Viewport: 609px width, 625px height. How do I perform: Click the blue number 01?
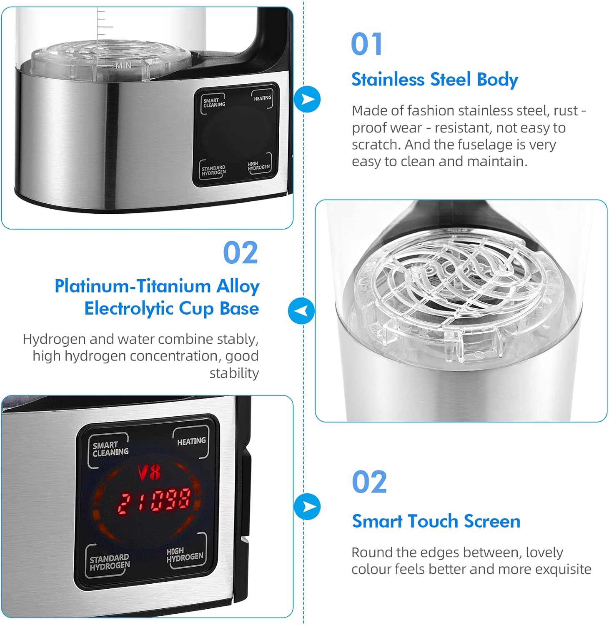click(366, 44)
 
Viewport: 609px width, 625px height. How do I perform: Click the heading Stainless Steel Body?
click(434, 80)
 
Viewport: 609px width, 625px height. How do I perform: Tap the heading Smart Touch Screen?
click(436, 521)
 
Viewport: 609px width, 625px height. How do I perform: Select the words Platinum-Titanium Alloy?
click(157, 286)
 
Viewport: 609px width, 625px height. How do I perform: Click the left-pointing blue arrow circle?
click(301, 311)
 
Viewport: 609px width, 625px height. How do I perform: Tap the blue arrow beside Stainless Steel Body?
click(307, 99)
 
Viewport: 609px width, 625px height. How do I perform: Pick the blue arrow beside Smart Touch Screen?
click(307, 507)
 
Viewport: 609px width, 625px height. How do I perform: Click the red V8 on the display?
click(149, 473)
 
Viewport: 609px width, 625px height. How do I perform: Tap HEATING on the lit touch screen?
click(191, 441)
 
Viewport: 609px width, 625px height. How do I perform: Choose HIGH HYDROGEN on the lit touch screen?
click(185, 555)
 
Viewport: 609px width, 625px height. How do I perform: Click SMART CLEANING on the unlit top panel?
click(214, 102)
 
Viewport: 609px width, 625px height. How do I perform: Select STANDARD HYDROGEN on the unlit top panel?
click(213, 170)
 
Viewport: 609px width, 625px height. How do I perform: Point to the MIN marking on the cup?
click(123, 65)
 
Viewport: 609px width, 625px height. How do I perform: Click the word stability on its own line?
click(234, 373)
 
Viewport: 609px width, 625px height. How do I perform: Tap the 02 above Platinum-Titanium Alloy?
click(241, 253)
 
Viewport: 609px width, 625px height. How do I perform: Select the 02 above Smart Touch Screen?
click(369, 482)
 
